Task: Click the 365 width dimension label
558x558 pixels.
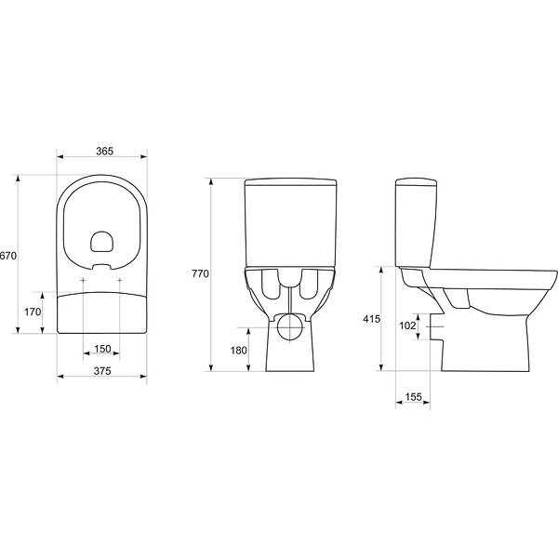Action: coord(104,152)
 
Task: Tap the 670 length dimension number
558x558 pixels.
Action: coord(7,256)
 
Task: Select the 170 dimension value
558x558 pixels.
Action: coord(33,312)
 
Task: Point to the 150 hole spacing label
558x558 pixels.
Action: coord(102,349)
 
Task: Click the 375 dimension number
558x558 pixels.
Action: coord(102,371)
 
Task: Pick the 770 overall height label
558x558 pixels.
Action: coord(200,273)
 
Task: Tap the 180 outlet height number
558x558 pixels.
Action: coord(238,351)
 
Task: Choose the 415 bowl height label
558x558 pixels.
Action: coord(371,319)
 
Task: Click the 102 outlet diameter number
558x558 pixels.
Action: coord(407,325)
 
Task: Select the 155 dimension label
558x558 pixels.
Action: coord(413,397)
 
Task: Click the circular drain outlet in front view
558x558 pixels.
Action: coord(291,326)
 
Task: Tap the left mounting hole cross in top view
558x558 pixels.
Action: coord(83,281)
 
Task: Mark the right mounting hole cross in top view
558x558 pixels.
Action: coord(120,281)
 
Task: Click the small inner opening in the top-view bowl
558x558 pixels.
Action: coord(101,242)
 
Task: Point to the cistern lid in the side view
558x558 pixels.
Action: coord(417,182)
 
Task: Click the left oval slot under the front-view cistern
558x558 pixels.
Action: coord(272,284)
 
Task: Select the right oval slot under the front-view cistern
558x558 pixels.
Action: coord(310,284)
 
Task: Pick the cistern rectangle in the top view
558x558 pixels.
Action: coord(102,312)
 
